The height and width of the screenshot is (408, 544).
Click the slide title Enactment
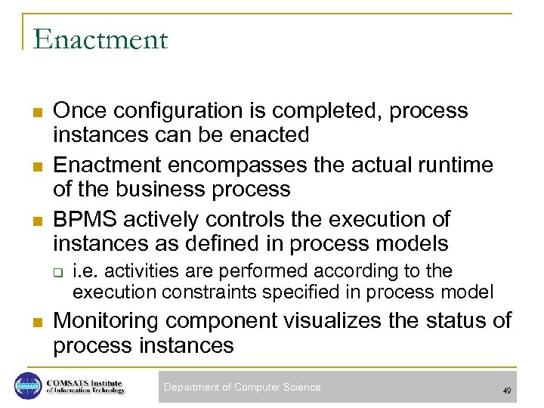(x=100, y=39)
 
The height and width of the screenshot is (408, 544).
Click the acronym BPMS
(x=85, y=220)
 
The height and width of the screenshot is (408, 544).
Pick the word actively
(x=162, y=220)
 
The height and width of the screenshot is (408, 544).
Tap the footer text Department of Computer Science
(x=242, y=388)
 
